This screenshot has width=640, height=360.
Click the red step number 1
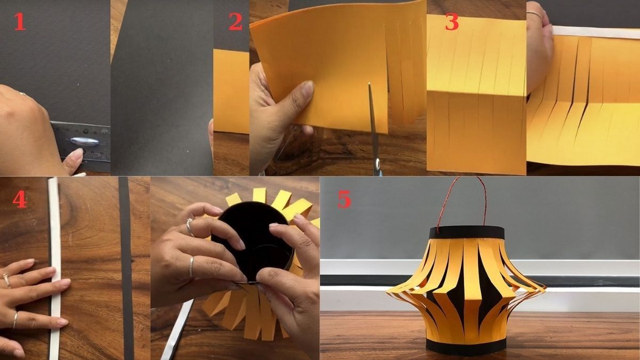coord(20,21)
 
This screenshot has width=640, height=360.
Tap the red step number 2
coord(236,21)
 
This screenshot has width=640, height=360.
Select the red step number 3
coord(452,21)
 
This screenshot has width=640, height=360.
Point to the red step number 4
coord(20,199)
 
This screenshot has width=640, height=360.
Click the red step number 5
coord(344,199)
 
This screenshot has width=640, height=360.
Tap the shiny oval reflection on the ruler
coord(84,141)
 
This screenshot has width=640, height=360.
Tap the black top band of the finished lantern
coord(467,233)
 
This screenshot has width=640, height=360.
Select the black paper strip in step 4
coord(126,269)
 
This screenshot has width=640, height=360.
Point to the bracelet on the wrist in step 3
coord(535,13)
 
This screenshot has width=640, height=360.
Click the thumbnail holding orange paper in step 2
coord(308,87)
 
